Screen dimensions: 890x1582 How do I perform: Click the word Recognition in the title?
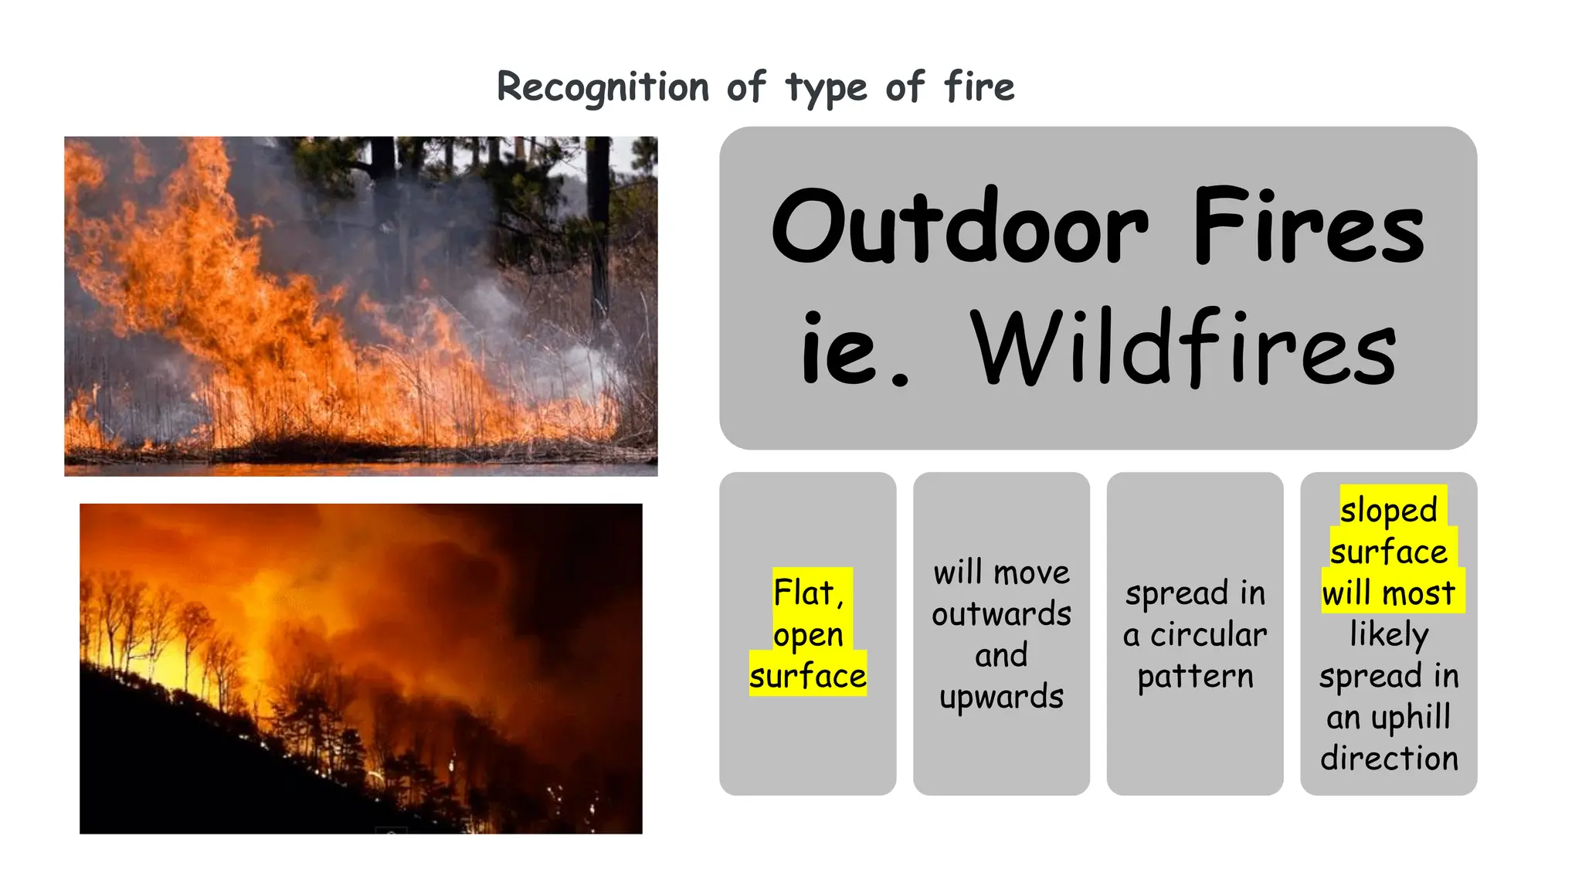[603, 87]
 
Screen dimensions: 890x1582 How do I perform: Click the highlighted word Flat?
[809, 593]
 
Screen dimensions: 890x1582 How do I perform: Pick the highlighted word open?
[808, 634]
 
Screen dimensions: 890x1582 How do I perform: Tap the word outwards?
[1001, 614]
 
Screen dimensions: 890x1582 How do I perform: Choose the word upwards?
[1001, 697]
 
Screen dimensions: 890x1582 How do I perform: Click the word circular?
[1208, 635]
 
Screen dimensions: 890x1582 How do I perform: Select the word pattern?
[1195, 676]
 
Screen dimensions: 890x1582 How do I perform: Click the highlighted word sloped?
[1388, 510]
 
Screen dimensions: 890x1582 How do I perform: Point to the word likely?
[1388, 635]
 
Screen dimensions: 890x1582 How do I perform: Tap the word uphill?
[1411, 718]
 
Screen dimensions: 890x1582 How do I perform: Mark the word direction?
[1388, 758]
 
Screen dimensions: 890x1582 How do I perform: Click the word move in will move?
[1032, 573]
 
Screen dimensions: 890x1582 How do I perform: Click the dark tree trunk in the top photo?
[598, 232]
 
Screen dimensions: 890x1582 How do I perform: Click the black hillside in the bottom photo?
[193, 773]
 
